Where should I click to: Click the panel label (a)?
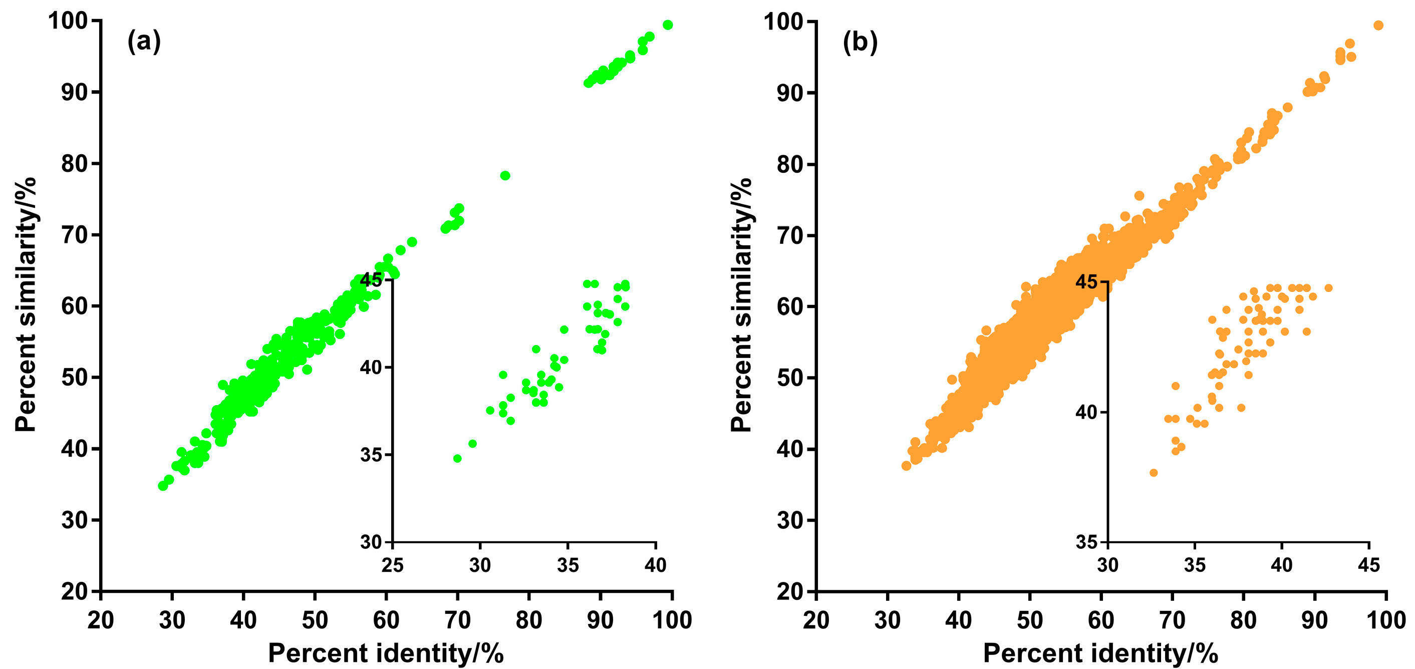coord(144,41)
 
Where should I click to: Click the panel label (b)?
coord(860,42)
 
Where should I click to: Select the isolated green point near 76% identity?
coord(505,176)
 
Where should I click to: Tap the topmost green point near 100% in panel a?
coord(667,25)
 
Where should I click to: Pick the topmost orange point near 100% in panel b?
coord(1378,25)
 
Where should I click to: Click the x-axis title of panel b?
coord(1101,653)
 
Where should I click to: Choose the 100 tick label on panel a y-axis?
coord(68,21)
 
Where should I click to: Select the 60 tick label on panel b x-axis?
coord(1101,620)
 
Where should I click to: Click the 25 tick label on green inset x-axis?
coord(393,565)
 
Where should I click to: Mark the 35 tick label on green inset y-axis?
coord(371,455)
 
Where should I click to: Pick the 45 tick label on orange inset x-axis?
coord(1368,565)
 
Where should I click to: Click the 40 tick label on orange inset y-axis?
coord(1086,412)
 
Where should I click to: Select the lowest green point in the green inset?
coord(457,458)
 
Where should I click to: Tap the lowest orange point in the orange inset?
coord(1154,472)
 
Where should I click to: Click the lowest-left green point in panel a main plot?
coord(163,486)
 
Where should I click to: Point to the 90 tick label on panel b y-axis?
coord(789,92)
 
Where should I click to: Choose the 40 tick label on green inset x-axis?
coord(655,565)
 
